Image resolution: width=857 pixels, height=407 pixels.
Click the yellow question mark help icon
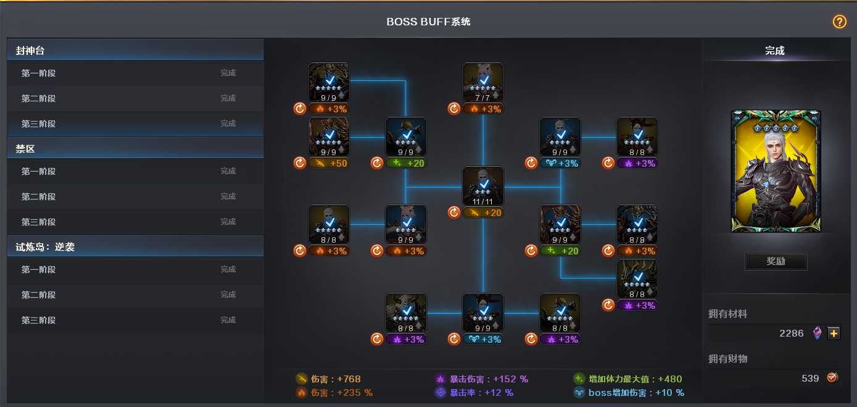839,22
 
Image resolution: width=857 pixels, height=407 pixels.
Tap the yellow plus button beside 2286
834,333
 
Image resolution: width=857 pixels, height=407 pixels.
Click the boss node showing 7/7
483,82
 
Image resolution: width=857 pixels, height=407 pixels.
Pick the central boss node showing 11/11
483,186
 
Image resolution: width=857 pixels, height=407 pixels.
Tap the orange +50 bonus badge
329,164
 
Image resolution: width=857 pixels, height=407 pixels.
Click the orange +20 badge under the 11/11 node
483,212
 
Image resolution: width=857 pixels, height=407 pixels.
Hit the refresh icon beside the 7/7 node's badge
454,109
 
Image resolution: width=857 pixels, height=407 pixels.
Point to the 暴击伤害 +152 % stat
482,379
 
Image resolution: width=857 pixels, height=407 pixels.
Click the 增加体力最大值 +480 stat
627,379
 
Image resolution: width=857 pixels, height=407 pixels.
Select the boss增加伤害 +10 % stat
629,392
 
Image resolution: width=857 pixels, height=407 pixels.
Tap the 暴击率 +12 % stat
474,392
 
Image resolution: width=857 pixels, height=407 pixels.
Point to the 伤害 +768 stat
328,379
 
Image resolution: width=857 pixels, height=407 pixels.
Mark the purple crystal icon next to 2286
818,333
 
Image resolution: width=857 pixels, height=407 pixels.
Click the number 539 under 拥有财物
810,379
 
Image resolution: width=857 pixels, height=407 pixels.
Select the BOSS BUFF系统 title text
428,22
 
